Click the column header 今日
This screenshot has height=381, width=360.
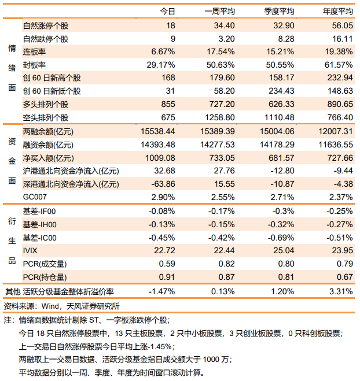[167, 11]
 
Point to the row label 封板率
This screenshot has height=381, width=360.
[34, 65]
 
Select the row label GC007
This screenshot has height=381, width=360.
[35, 197]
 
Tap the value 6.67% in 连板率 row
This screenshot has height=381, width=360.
[163, 51]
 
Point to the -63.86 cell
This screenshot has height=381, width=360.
[163, 184]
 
